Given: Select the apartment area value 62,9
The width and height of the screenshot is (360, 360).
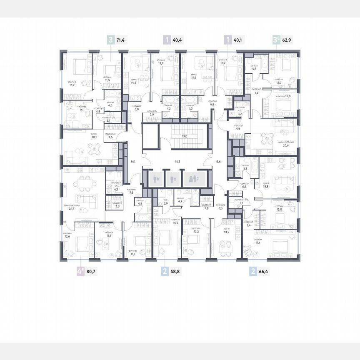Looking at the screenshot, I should [288, 40].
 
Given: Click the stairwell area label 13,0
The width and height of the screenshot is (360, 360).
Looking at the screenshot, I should [184, 136].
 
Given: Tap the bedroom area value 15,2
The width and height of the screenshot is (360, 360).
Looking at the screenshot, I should [71, 85].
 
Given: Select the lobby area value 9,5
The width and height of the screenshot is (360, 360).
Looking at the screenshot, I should [133, 160].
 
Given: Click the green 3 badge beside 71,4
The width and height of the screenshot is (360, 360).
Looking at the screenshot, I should [110, 40].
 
